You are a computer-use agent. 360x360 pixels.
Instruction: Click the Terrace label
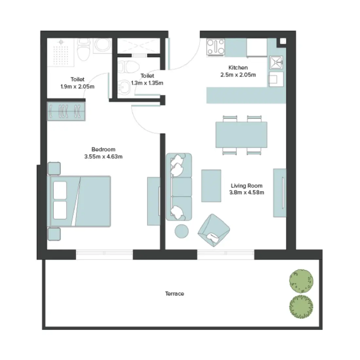pos(174,294)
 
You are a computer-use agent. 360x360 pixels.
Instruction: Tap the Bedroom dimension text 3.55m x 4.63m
pos(103,157)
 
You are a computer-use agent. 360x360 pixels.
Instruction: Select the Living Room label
pos(246,186)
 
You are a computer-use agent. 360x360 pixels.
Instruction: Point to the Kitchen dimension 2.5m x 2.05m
pos(238,75)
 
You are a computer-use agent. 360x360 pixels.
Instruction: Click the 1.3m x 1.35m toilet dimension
pos(147,83)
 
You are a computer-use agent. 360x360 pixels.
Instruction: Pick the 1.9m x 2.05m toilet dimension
pos(78,87)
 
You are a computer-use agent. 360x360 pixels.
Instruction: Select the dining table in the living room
pos(241,135)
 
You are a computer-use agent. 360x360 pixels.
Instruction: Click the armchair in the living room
pos(213,230)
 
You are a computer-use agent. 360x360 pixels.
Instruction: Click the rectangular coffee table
pos(211,186)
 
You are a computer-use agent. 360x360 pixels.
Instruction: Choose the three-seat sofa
pos(179,187)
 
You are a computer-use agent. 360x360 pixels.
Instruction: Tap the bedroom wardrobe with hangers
pos(66,111)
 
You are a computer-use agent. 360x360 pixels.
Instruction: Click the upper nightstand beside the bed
pos(54,168)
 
